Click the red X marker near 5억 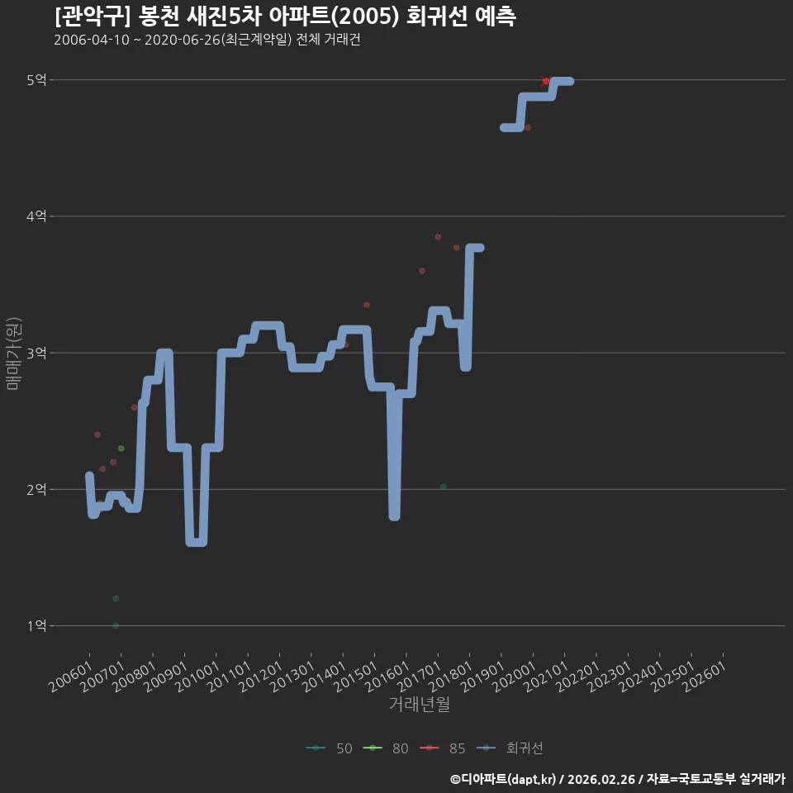pyautogui.click(x=546, y=81)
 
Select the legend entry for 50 pyautogui.click(x=330, y=748)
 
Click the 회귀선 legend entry pyautogui.click(x=510, y=748)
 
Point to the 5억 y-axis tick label pyautogui.click(x=36, y=80)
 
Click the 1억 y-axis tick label pyautogui.click(x=36, y=625)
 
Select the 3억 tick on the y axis pyautogui.click(x=36, y=353)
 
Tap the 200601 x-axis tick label pyautogui.click(x=71, y=677)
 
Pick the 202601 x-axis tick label pyautogui.click(x=705, y=677)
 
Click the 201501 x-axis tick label pyautogui.click(x=356, y=677)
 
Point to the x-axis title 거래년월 pyautogui.click(x=420, y=704)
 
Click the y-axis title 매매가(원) pyautogui.click(x=13, y=354)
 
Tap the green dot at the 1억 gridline pyautogui.click(x=116, y=625)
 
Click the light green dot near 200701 pyautogui.click(x=121, y=448)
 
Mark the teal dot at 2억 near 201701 pyautogui.click(x=443, y=487)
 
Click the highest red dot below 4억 pyautogui.click(x=438, y=237)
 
